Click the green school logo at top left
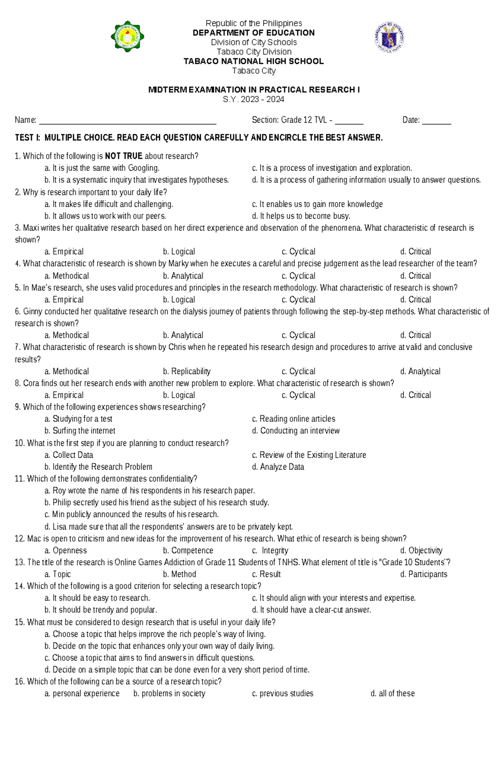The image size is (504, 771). (x=128, y=37)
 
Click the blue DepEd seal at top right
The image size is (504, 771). (x=389, y=37)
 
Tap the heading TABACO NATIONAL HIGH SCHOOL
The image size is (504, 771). (x=254, y=61)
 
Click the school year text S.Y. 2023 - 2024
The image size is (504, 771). (x=254, y=100)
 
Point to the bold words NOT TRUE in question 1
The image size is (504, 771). (x=123, y=156)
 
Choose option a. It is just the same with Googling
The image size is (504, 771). (x=102, y=168)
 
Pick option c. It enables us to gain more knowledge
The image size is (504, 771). (x=317, y=204)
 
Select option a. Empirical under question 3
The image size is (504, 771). (x=64, y=252)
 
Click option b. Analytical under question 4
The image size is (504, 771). (x=183, y=276)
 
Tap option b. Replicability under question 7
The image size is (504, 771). (x=187, y=371)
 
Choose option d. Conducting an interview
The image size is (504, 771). (x=296, y=431)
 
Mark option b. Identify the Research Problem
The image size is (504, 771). (x=98, y=467)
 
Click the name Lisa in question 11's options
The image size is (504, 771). (x=59, y=527)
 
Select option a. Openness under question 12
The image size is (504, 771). (x=66, y=550)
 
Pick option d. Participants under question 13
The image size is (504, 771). (x=423, y=574)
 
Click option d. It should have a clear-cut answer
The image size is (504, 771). (x=311, y=610)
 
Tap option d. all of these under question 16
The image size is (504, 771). (x=392, y=693)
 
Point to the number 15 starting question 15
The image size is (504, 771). (x=19, y=622)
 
